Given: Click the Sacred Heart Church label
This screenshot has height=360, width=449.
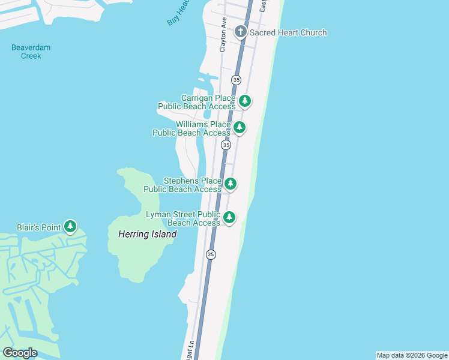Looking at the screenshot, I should tap(288, 32).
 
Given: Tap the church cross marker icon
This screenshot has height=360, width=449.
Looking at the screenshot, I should tap(241, 32).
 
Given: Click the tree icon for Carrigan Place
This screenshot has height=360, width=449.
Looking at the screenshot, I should tap(244, 101).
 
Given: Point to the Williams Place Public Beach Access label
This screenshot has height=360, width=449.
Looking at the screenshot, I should tap(191, 128).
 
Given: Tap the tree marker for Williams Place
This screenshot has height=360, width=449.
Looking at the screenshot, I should tap(240, 127).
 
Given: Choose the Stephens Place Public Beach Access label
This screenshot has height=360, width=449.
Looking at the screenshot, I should tap(182, 185).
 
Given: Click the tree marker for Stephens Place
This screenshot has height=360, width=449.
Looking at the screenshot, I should tap(230, 184).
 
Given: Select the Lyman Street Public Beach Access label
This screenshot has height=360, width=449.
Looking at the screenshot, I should tap(183, 218).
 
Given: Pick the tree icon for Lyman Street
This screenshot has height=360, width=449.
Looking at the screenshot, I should tap(229, 217).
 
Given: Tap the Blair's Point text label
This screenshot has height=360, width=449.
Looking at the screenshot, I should tap(38, 227).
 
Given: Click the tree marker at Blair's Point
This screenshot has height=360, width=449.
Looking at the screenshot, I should tap(71, 226).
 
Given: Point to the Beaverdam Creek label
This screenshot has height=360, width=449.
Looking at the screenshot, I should tap(31, 52).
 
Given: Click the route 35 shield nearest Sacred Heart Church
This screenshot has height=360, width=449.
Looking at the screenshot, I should tap(237, 80).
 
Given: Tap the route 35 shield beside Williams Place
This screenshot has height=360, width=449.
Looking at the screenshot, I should tap(226, 145).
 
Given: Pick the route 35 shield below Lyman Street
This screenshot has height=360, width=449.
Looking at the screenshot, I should tap(210, 254).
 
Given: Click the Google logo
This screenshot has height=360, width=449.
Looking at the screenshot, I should tap(20, 353).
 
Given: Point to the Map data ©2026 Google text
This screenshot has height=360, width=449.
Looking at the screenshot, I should tap(412, 355).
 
